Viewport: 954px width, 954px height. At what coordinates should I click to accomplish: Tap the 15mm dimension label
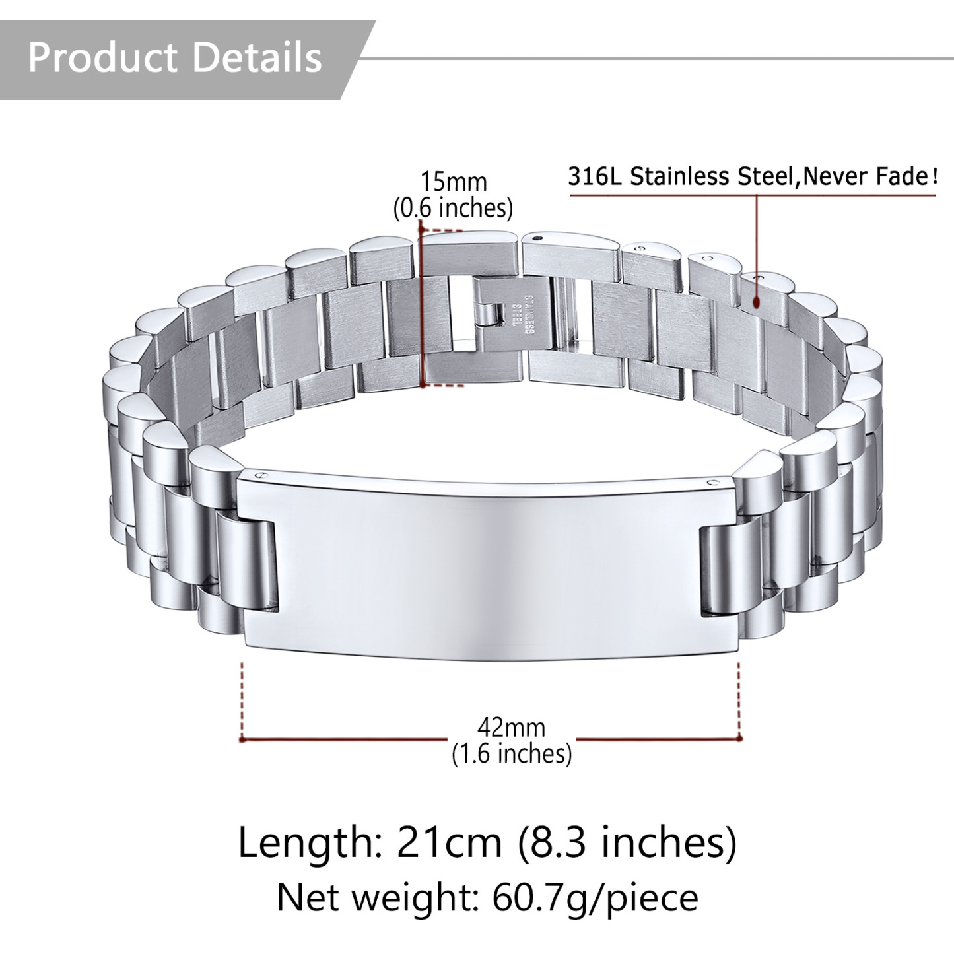point(454,182)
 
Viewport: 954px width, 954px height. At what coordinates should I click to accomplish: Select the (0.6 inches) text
point(454,208)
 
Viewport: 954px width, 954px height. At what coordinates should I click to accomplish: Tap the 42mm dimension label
point(512,728)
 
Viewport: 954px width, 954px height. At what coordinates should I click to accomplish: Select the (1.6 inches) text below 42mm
point(512,753)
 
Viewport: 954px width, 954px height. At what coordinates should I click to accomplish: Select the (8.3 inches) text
point(627,843)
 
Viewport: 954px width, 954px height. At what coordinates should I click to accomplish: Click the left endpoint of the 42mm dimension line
point(243,739)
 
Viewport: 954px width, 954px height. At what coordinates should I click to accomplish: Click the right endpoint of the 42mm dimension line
point(739,739)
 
